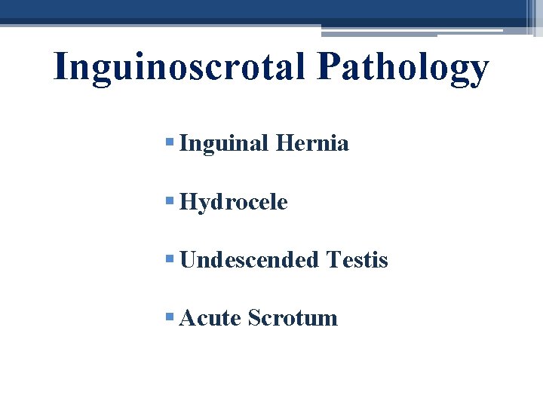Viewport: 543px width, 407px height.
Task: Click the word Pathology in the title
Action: pos(403,68)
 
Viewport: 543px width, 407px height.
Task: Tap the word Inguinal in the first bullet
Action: pos(224,143)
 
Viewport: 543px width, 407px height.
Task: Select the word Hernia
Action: pos(313,143)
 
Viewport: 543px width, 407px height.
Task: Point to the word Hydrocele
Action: pos(234,202)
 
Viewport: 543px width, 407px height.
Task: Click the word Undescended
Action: pos(250,260)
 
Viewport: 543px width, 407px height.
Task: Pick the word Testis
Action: pos(357,260)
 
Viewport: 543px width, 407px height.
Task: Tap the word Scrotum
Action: pos(293,318)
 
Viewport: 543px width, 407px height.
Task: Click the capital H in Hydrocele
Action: pos(189,202)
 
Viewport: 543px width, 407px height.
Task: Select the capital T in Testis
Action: pos(334,260)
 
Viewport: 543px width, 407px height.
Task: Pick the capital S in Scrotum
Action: pos(253,318)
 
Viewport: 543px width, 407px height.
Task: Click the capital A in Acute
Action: pos(189,318)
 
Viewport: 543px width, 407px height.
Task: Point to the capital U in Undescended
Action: pos(189,260)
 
